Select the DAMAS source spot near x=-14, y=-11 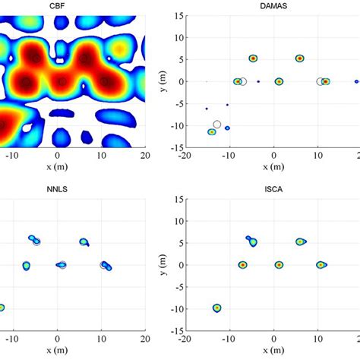pyautogui.click(x=212, y=132)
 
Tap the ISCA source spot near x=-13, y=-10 pyautogui.click(x=217, y=308)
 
